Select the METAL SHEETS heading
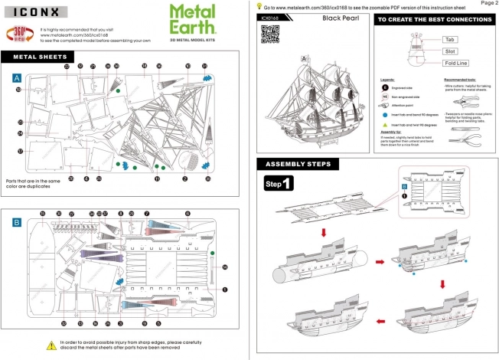38,56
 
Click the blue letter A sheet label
16,79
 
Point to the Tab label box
450,38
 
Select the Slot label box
450,51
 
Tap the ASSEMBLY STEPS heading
298,164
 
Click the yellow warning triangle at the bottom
51,345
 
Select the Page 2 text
487,4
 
